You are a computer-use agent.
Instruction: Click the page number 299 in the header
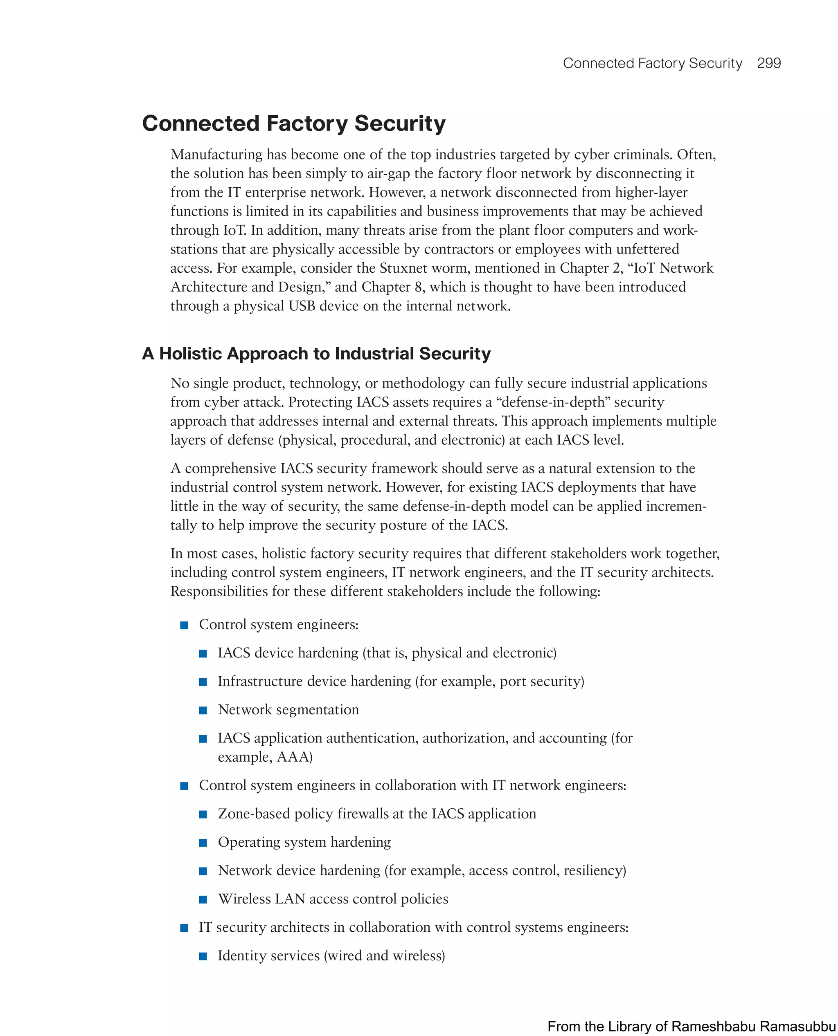[768, 63]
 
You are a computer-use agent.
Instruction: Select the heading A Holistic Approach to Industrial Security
[316, 354]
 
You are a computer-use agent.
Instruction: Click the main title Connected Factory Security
[293, 123]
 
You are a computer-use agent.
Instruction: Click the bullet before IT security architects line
[184, 928]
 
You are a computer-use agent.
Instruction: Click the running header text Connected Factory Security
[652, 63]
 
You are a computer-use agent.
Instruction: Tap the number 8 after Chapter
[419, 287]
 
